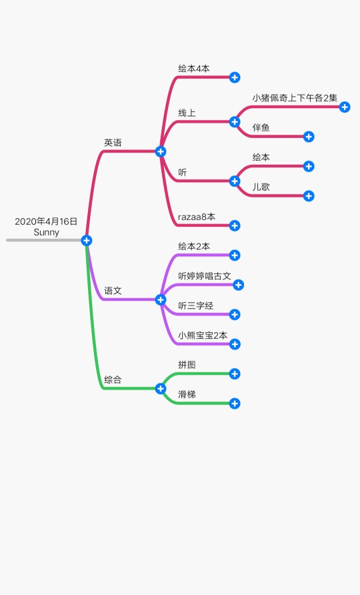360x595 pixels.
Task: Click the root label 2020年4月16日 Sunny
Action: point(46,227)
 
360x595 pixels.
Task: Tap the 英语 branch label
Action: point(113,143)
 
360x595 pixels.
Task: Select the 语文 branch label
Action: point(113,291)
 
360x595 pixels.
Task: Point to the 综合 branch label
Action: point(113,380)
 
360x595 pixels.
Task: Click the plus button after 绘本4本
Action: point(235,77)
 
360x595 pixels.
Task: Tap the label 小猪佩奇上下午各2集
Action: point(295,98)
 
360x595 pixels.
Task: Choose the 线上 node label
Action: point(187,113)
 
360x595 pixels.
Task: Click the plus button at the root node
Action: point(87,240)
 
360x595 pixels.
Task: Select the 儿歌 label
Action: point(261,187)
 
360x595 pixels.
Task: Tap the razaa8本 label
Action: point(197,217)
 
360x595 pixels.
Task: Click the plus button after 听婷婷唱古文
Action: point(238,285)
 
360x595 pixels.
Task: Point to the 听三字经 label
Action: point(196,306)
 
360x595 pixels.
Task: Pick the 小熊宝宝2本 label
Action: point(203,335)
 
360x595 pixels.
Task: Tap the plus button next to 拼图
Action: point(235,374)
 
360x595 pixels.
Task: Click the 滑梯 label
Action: point(187,394)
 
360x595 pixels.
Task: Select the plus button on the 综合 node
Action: point(161,389)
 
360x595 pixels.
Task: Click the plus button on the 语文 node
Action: point(161,300)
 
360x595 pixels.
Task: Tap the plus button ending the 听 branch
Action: point(235,181)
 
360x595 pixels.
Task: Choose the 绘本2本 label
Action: point(194,246)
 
